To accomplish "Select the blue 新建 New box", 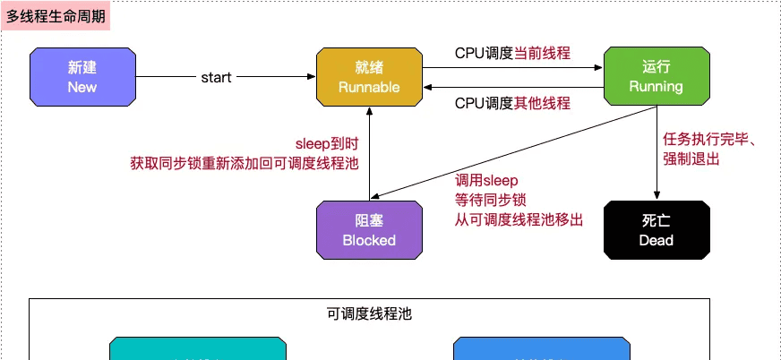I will click(x=82, y=76).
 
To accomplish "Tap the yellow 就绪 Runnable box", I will click(x=369, y=76).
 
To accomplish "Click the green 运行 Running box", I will click(x=656, y=76).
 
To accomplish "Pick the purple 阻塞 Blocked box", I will click(x=369, y=230).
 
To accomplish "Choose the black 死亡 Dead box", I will click(x=656, y=230).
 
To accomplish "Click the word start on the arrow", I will click(x=216, y=77).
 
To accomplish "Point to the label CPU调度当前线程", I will click(x=512, y=53).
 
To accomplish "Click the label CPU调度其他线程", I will click(x=512, y=103).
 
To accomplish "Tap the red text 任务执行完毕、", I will click(x=711, y=140).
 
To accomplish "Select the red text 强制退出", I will click(x=691, y=159).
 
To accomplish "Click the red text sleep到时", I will click(x=328, y=143).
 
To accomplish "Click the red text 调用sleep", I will click(x=486, y=180).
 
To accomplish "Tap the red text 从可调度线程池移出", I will click(x=519, y=219).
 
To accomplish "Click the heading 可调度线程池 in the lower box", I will click(x=369, y=313).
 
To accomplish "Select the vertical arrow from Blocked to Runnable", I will click(x=369, y=152).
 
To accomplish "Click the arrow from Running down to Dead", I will click(x=657, y=152).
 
